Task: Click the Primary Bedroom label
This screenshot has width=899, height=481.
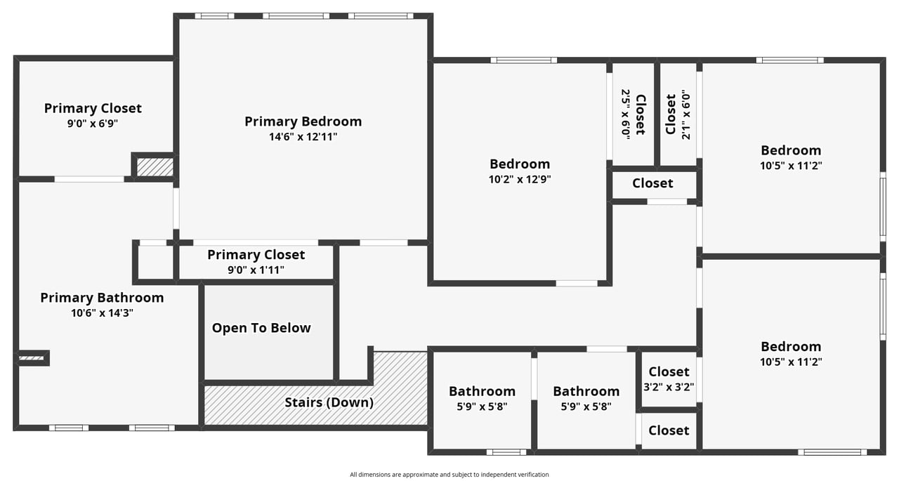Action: click(303, 121)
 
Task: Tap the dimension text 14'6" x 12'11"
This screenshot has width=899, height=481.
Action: click(303, 137)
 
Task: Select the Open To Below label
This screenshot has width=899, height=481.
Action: click(261, 328)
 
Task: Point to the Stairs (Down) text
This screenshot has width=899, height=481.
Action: click(329, 402)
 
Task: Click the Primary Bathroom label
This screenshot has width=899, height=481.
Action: click(102, 298)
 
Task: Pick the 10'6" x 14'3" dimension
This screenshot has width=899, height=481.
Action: click(102, 313)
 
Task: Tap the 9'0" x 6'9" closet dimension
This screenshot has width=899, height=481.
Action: click(93, 124)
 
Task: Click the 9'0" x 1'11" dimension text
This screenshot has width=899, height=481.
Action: click(256, 270)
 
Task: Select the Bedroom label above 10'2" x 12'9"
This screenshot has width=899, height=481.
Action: click(520, 164)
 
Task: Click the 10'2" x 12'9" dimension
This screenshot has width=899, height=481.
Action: click(520, 179)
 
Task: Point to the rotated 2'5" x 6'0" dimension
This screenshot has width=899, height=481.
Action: click(625, 114)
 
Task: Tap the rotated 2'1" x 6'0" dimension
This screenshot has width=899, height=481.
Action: click(686, 114)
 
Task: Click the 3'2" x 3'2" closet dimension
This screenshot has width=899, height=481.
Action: click(669, 387)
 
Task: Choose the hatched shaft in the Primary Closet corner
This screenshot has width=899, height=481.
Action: click(155, 167)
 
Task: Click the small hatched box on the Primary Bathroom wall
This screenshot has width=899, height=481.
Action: click(32, 358)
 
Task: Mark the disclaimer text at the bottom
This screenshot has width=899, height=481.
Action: click(449, 475)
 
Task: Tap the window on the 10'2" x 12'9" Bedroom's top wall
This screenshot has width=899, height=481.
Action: click(524, 60)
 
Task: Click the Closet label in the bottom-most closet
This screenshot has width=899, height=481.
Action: click(669, 430)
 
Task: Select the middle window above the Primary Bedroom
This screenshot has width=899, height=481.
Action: click(296, 16)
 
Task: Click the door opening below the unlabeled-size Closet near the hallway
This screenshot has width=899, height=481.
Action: click(667, 202)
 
